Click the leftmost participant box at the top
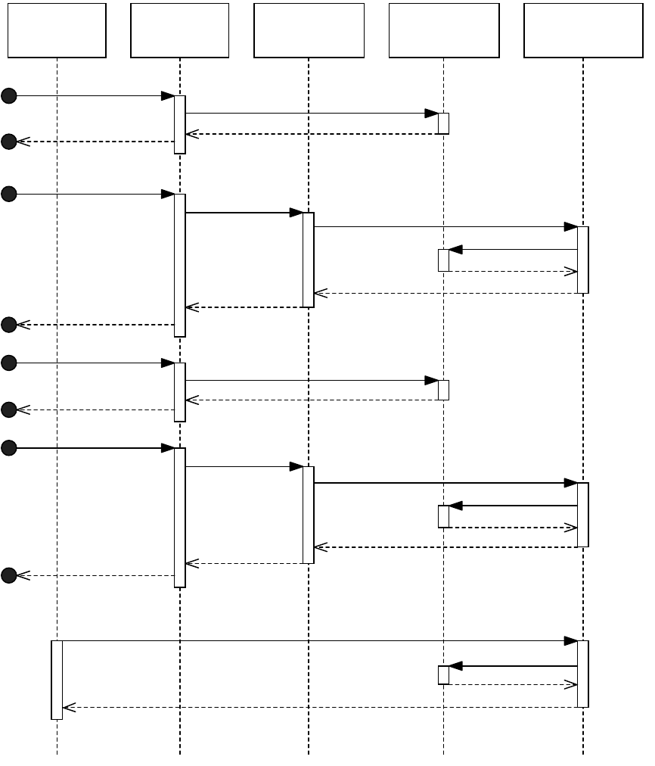pos(57,30)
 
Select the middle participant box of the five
pos(309,30)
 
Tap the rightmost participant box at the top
pos(582,30)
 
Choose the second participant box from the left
pos(179,30)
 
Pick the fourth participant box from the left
pos(444,30)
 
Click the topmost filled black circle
pos(8,95)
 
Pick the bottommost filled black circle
pos(8,575)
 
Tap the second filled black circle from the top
pos(8,142)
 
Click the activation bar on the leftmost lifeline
pos(57,680)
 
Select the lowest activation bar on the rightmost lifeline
pos(583,674)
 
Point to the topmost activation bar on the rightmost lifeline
pos(583,260)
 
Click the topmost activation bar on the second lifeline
pos(180,124)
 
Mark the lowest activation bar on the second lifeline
pos(180,517)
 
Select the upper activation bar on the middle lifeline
pos(309,260)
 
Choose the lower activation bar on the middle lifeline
pos(309,515)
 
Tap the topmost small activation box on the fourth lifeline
pos(443,123)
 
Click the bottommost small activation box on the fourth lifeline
pos(443,675)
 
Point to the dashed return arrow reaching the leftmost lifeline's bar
pos(318,707)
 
